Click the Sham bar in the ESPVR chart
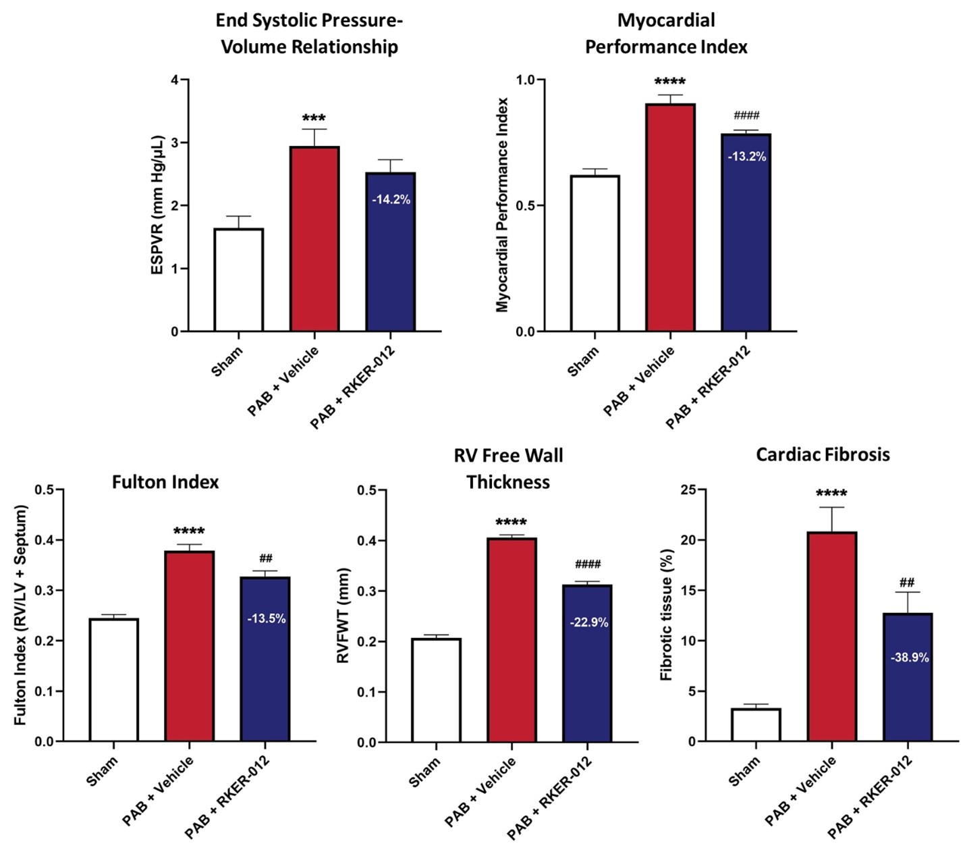(x=239, y=279)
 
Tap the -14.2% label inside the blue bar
(x=391, y=200)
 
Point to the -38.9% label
(x=910, y=658)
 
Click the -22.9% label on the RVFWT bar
(x=589, y=622)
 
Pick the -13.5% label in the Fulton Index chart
(x=267, y=618)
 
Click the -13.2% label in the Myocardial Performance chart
(x=746, y=157)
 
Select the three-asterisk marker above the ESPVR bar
(x=314, y=119)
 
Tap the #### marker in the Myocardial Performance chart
(x=746, y=115)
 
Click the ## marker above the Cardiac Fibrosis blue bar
(x=907, y=582)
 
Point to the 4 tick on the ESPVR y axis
(x=175, y=80)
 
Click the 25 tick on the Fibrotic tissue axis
(x=688, y=490)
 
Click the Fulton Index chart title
(x=165, y=482)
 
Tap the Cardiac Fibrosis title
(x=823, y=454)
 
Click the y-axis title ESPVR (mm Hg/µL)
(x=157, y=205)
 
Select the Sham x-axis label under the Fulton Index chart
(x=103, y=771)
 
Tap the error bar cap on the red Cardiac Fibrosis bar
(x=831, y=508)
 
